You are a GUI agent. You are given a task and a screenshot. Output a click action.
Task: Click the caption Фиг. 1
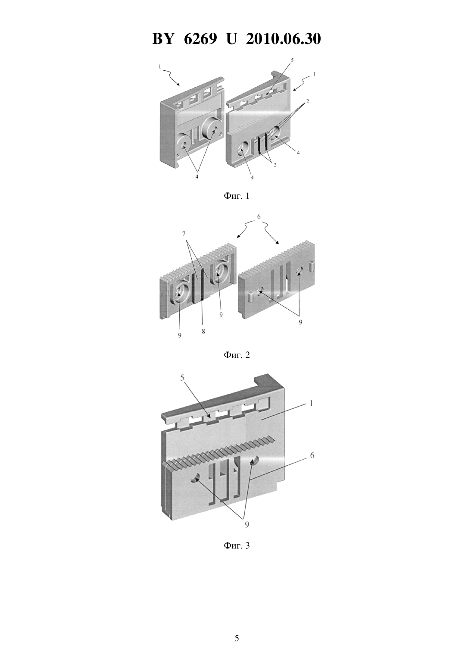[x=237, y=196]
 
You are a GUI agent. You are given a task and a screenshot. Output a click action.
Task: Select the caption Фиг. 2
[x=237, y=355]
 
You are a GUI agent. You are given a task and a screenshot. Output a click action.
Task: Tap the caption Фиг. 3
[x=237, y=546]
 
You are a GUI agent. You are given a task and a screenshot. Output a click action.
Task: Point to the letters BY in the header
[x=163, y=39]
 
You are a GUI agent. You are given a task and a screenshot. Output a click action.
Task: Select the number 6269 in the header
[x=200, y=39]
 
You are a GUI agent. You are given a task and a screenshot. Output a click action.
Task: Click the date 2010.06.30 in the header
[x=284, y=39]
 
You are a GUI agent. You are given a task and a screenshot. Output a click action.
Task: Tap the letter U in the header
[x=231, y=39]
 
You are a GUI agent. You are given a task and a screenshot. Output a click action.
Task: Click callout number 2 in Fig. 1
[x=307, y=101]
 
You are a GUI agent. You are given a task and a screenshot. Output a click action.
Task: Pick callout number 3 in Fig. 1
[x=275, y=165]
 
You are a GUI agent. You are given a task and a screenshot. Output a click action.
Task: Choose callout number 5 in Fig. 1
[x=292, y=60]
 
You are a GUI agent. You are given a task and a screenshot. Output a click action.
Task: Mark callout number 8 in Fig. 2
[x=203, y=332]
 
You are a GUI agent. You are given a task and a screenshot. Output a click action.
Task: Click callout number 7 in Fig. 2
[x=184, y=233]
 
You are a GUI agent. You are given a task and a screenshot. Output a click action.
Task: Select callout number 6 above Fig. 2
[x=259, y=216]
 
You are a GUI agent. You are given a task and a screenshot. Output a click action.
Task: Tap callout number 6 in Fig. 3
[x=312, y=456]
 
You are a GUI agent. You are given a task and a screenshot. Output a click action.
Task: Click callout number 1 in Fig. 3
[x=311, y=404]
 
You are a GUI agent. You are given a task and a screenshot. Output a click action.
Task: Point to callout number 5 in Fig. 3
[x=183, y=378]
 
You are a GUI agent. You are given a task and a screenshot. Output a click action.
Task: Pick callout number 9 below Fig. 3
[x=247, y=524]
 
